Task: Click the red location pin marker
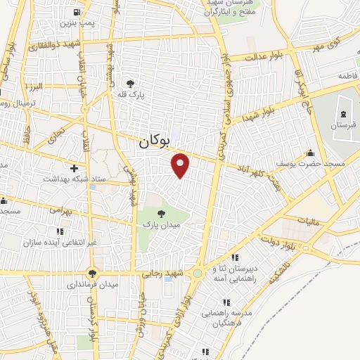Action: pos(181,165)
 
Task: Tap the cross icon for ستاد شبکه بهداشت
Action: pos(74,167)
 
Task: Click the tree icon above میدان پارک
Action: pos(161,213)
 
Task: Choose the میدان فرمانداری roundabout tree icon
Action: pos(91,273)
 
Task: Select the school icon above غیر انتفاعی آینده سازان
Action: pos(60,231)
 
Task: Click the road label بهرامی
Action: pos(60,210)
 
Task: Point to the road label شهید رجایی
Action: pos(159,274)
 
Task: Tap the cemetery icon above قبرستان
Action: pos(342,114)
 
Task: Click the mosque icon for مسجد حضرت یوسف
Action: pos(310,153)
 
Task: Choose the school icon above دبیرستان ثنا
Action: pos(234,258)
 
